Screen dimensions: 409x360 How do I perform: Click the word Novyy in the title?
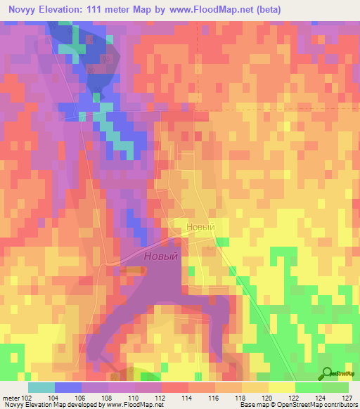click(22, 10)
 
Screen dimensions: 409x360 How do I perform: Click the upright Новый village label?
click(200, 228)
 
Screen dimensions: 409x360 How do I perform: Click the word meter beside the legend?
click(10, 397)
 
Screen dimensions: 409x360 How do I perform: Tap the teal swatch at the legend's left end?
click(41, 387)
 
